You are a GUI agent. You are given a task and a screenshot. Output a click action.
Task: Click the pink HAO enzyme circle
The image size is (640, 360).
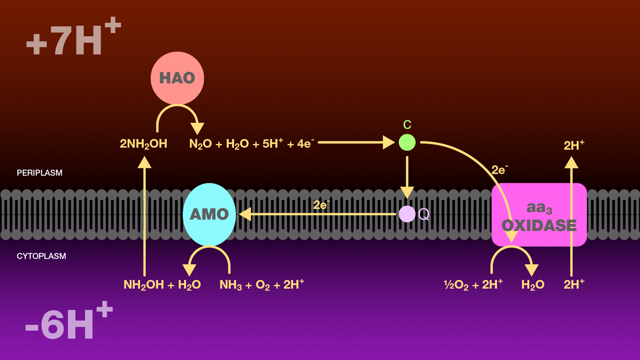point(177,78)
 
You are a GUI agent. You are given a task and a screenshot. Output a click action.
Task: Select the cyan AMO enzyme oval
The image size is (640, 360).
point(209,214)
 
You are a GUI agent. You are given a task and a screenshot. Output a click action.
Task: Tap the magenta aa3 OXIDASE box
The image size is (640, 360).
point(539,215)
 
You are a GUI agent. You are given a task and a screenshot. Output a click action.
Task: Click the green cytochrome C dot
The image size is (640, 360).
point(407,143)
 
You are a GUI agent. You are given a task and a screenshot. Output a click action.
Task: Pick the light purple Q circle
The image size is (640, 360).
point(407,214)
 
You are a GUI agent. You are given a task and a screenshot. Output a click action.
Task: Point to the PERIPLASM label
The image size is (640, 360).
point(39,173)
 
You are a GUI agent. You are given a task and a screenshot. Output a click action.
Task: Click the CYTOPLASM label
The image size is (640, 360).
point(41,256)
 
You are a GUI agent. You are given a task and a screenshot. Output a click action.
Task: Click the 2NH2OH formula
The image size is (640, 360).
point(143,144)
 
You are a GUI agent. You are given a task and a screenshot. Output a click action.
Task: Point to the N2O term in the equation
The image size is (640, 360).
point(200,144)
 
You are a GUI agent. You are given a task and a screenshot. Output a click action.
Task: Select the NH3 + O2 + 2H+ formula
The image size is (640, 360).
point(261,284)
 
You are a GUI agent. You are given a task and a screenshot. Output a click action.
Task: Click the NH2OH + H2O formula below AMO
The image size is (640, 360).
point(162,284)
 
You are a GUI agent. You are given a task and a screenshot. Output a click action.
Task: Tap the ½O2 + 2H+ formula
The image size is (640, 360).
point(473,284)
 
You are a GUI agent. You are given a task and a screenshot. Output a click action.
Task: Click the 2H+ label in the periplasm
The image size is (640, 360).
point(574,145)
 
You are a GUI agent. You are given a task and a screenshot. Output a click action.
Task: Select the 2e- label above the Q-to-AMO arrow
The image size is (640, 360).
point(321,205)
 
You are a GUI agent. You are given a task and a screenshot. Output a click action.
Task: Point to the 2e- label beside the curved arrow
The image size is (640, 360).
point(500,170)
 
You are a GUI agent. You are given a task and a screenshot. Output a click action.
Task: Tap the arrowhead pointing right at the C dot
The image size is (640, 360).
point(388,143)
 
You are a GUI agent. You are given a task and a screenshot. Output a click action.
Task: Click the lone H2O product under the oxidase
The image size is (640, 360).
point(533,284)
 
